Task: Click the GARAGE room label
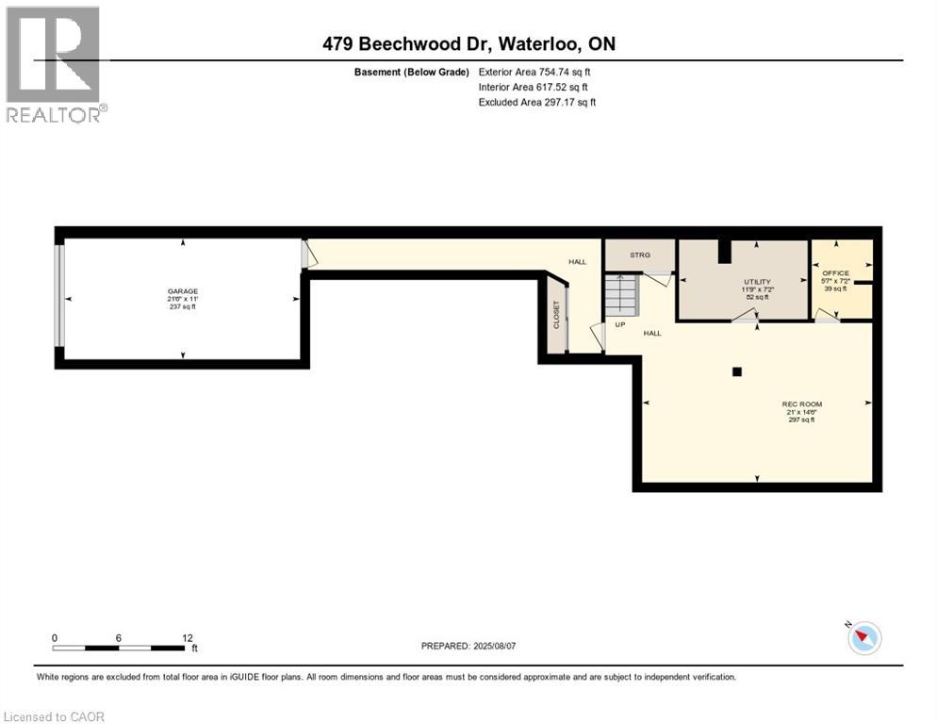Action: pyautogui.click(x=183, y=291)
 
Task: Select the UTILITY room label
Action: pyautogui.click(x=757, y=282)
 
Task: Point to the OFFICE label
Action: pyautogui.click(x=835, y=273)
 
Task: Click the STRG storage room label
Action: pyautogui.click(x=640, y=255)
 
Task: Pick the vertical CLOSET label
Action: pyautogui.click(x=556, y=315)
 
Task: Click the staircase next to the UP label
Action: pyautogui.click(x=621, y=296)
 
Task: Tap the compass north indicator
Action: pyautogui.click(x=863, y=638)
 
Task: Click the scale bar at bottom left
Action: pyautogui.click(x=119, y=648)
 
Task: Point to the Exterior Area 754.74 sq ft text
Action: pyautogui.click(x=534, y=72)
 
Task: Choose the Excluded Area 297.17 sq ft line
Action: pyautogui.click(x=537, y=102)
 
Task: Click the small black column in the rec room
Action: pyautogui.click(x=737, y=371)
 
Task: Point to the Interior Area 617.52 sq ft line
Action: pyautogui.click(x=533, y=87)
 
